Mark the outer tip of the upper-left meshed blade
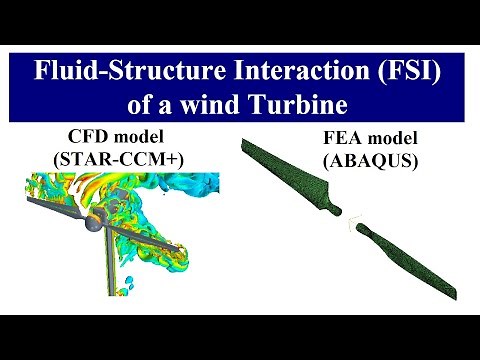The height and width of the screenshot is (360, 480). pos(244,145)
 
